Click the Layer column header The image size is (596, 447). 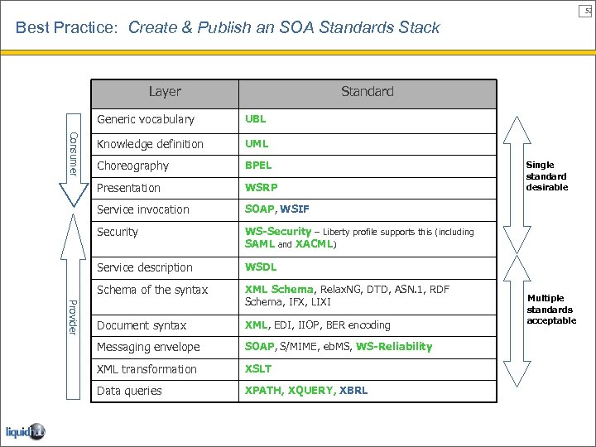click(165, 92)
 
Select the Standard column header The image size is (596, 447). click(367, 92)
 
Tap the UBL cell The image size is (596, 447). click(255, 119)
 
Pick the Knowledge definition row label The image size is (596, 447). click(150, 144)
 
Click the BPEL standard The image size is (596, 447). click(258, 166)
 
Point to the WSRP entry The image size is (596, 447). click(260, 188)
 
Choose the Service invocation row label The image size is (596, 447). click(143, 209)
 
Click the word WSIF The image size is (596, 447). click(296, 209)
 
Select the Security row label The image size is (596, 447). click(118, 232)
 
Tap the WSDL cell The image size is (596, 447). click(261, 267)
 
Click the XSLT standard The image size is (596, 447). click(258, 369)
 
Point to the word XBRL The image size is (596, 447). click(353, 391)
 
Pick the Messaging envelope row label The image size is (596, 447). click(148, 347)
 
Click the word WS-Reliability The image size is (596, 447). click(394, 347)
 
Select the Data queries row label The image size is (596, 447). click(129, 391)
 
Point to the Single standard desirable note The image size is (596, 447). click(546, 176)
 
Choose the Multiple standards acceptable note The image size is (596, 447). click(551, 309)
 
